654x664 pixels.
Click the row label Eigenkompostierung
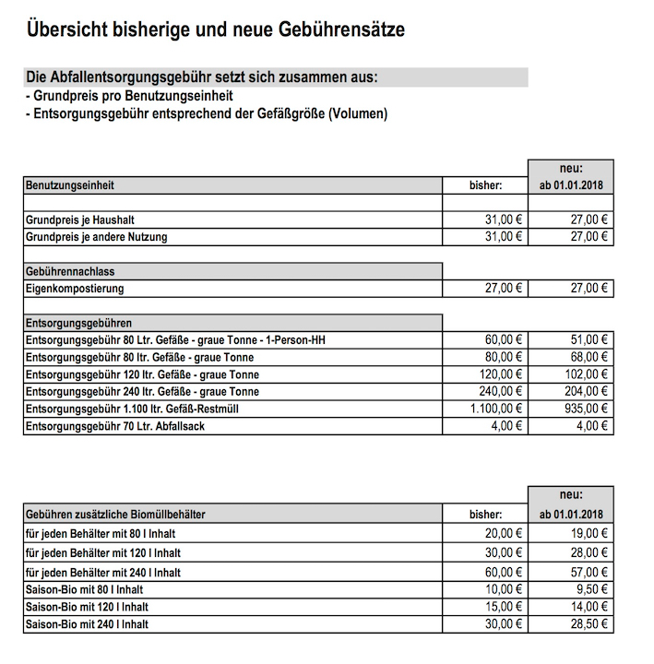pos(75,289)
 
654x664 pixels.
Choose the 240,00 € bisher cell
pos(501,392)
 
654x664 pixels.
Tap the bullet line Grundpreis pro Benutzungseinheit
pos(128,96)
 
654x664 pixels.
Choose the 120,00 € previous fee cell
pos(501,374)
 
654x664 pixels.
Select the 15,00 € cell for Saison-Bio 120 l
pos(504,607)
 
